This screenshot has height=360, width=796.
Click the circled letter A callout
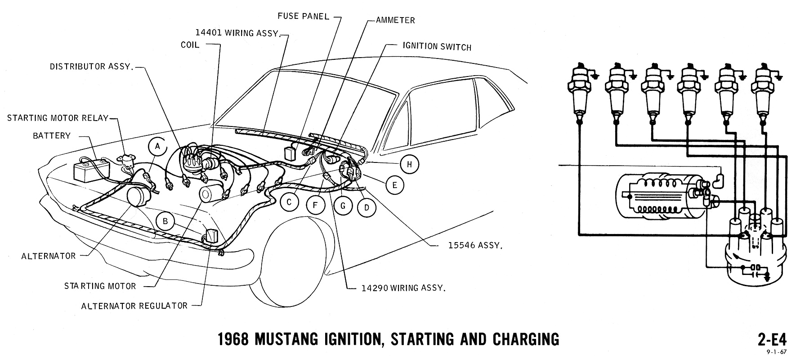pyautogui.click(x=157, y=146)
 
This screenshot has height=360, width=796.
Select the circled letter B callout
pyautogui.click(x=165, y=221)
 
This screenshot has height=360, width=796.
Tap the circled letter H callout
pyautogui.click(x=409, y=164)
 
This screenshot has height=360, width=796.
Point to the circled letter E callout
pyautogui.click(x=394, y=185)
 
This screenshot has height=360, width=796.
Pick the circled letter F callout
pyautogui.click(x=316, y=206)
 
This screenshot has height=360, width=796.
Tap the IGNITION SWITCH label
pyautogui.click(x=430, y=46)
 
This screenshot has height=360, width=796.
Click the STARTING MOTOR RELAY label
pyautogui.click(x=58, y=118)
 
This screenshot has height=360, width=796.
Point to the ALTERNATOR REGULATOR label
pyautogui.click(x=134, y=306)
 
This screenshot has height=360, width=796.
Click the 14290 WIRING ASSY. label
pyautogui.click(x=403, y=288)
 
